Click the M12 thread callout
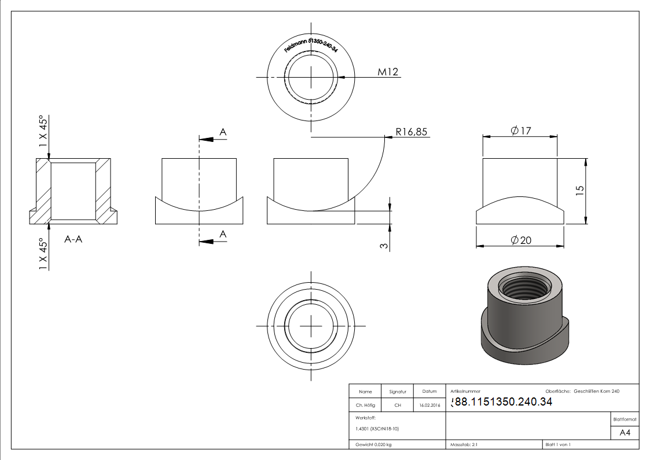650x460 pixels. click(x=388, y=72)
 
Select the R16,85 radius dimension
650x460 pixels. click(x=411, y=132)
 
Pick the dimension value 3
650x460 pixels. click(x=384, y=246)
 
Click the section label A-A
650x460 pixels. click(x=74, y=239)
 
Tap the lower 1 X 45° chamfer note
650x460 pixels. click(x=43, y=253)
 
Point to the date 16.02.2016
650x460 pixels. click(x=429, y=406)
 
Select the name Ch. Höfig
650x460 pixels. click(x=366, y=406)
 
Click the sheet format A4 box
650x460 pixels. click(x=625, y=433)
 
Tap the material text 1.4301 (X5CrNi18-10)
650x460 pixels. click(x=377, y=429)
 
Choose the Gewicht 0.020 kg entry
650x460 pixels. click(x=373, y=444)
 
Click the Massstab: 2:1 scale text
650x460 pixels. click(x=464, y=444)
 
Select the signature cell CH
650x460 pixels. click(x=398, y=406)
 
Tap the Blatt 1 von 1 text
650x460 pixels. click(x=558, y=444)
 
